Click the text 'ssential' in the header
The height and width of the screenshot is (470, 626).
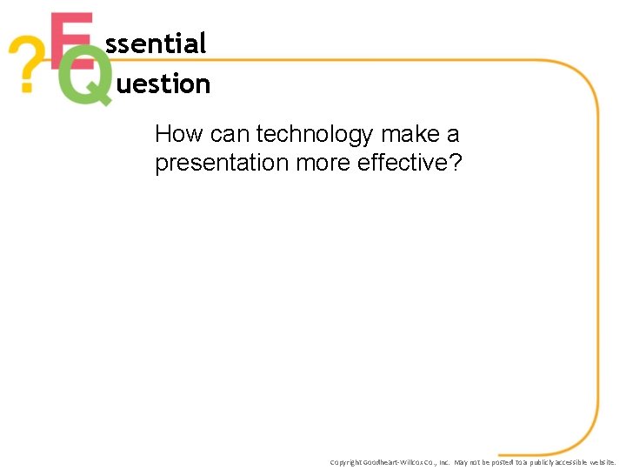click(156, 44)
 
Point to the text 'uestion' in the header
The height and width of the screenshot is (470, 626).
click(163, 84)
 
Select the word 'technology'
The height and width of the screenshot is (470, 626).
click(315, 135)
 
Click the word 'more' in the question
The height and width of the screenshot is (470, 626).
click(323, 164)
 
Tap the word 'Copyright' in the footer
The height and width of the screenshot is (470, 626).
click(346, 462)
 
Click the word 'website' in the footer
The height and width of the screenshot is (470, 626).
click(602, 462)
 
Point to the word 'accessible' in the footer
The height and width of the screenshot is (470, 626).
click(566, 462)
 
